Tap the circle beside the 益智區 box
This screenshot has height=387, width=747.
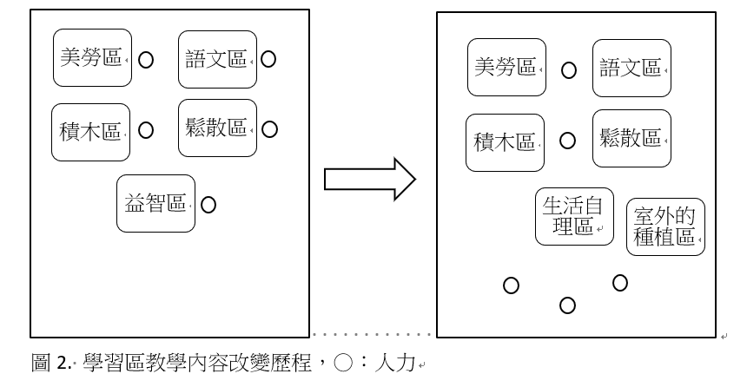tap(208, 206)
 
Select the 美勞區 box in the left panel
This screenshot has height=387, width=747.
tap(92, 58)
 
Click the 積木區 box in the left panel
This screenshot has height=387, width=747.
tap(90, 132)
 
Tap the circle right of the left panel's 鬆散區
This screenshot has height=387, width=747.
tap(269, 129)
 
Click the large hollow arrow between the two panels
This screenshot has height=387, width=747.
tap(370, 178)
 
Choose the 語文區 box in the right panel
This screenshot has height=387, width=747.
tap(631, 68)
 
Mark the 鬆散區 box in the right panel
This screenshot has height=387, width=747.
tap(631, 138)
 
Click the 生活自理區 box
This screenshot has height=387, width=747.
tap(574, 216)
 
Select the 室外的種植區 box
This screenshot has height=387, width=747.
tap(666, 227)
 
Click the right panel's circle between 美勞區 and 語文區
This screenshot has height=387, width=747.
tap(568, 70)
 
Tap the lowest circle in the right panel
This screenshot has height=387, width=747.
tap(567, 305)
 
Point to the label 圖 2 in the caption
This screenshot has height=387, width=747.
tap(52, 362)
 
